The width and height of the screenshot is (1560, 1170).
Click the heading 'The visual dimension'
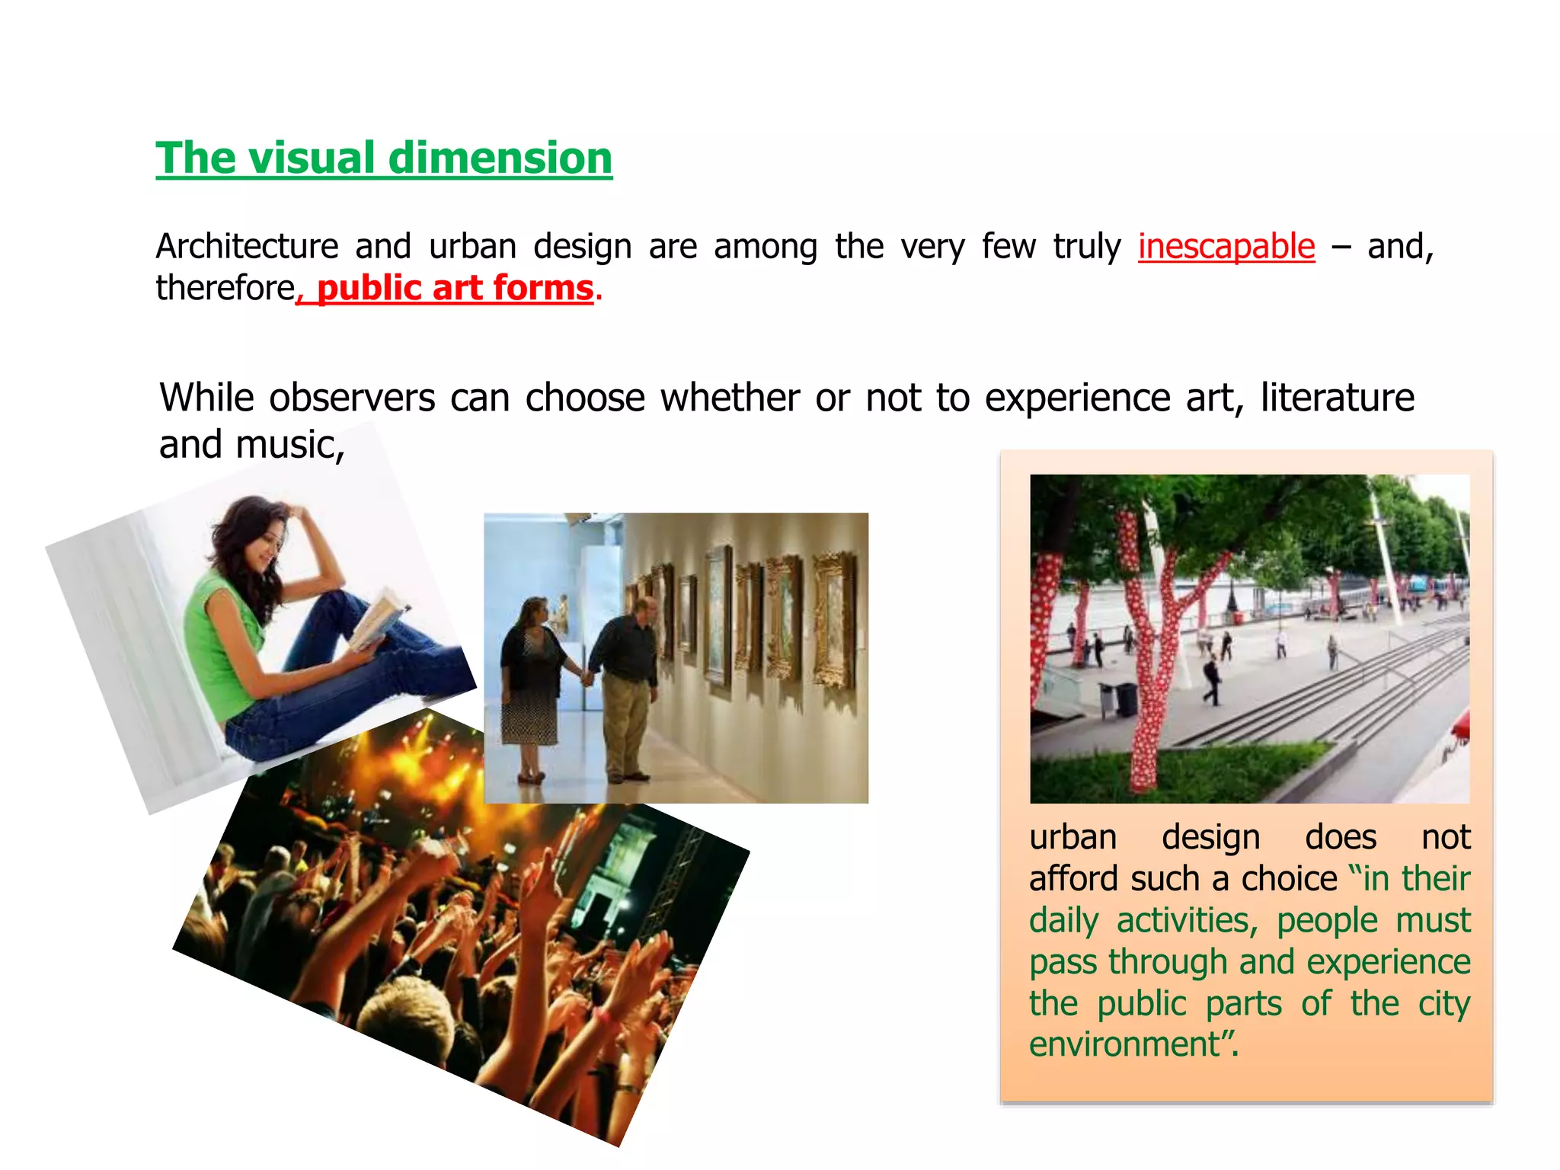[x=384, y=158]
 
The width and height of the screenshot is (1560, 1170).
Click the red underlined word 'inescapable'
[x=1226, y=247]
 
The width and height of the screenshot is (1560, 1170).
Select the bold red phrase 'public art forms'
[x=455, y=289]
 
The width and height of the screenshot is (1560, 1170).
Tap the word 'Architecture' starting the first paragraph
[x=247, y=247]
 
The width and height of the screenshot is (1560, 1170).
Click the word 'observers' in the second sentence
[x=352, y=398]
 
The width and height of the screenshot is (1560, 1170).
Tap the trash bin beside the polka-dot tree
[x=1125, y=698]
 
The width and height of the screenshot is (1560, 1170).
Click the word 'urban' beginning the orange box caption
[x=1072, y=838]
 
